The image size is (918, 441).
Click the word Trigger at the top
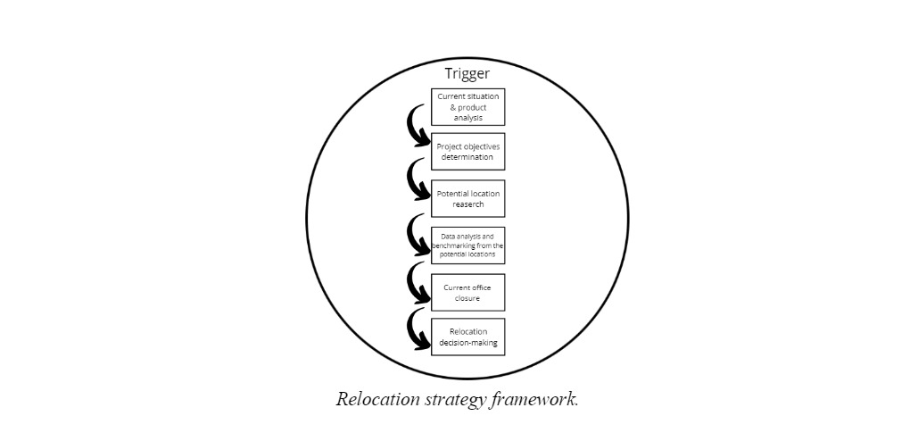tap(467, 74)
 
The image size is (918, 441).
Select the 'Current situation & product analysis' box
tap(468, 107)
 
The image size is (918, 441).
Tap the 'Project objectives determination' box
tap(468, 152)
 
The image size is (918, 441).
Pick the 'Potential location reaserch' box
tap(468, 198)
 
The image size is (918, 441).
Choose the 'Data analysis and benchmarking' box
tap(468, 245)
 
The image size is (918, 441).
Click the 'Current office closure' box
tap(468, 293)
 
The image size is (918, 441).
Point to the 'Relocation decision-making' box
tap(468, 337)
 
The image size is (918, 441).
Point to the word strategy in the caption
tap(454, 400)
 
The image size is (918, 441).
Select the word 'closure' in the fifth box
tap(468, 298)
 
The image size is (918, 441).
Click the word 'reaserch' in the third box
tap(468, 204)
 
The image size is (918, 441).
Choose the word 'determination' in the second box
tap(468, 157)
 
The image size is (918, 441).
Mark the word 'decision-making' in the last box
tap(468, 342)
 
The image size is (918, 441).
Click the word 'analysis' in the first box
tap(468, 117)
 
